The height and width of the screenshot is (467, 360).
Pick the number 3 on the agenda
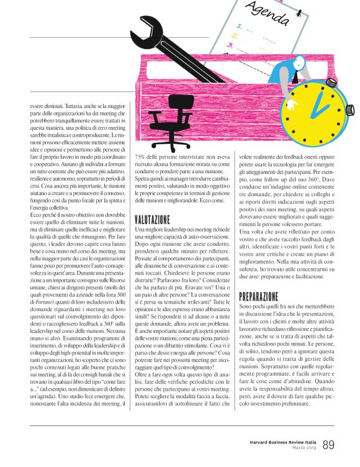tap(230, 45)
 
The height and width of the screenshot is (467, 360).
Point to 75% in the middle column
tap(142, 158)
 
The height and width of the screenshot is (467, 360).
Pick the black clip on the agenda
tap(233, 6)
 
